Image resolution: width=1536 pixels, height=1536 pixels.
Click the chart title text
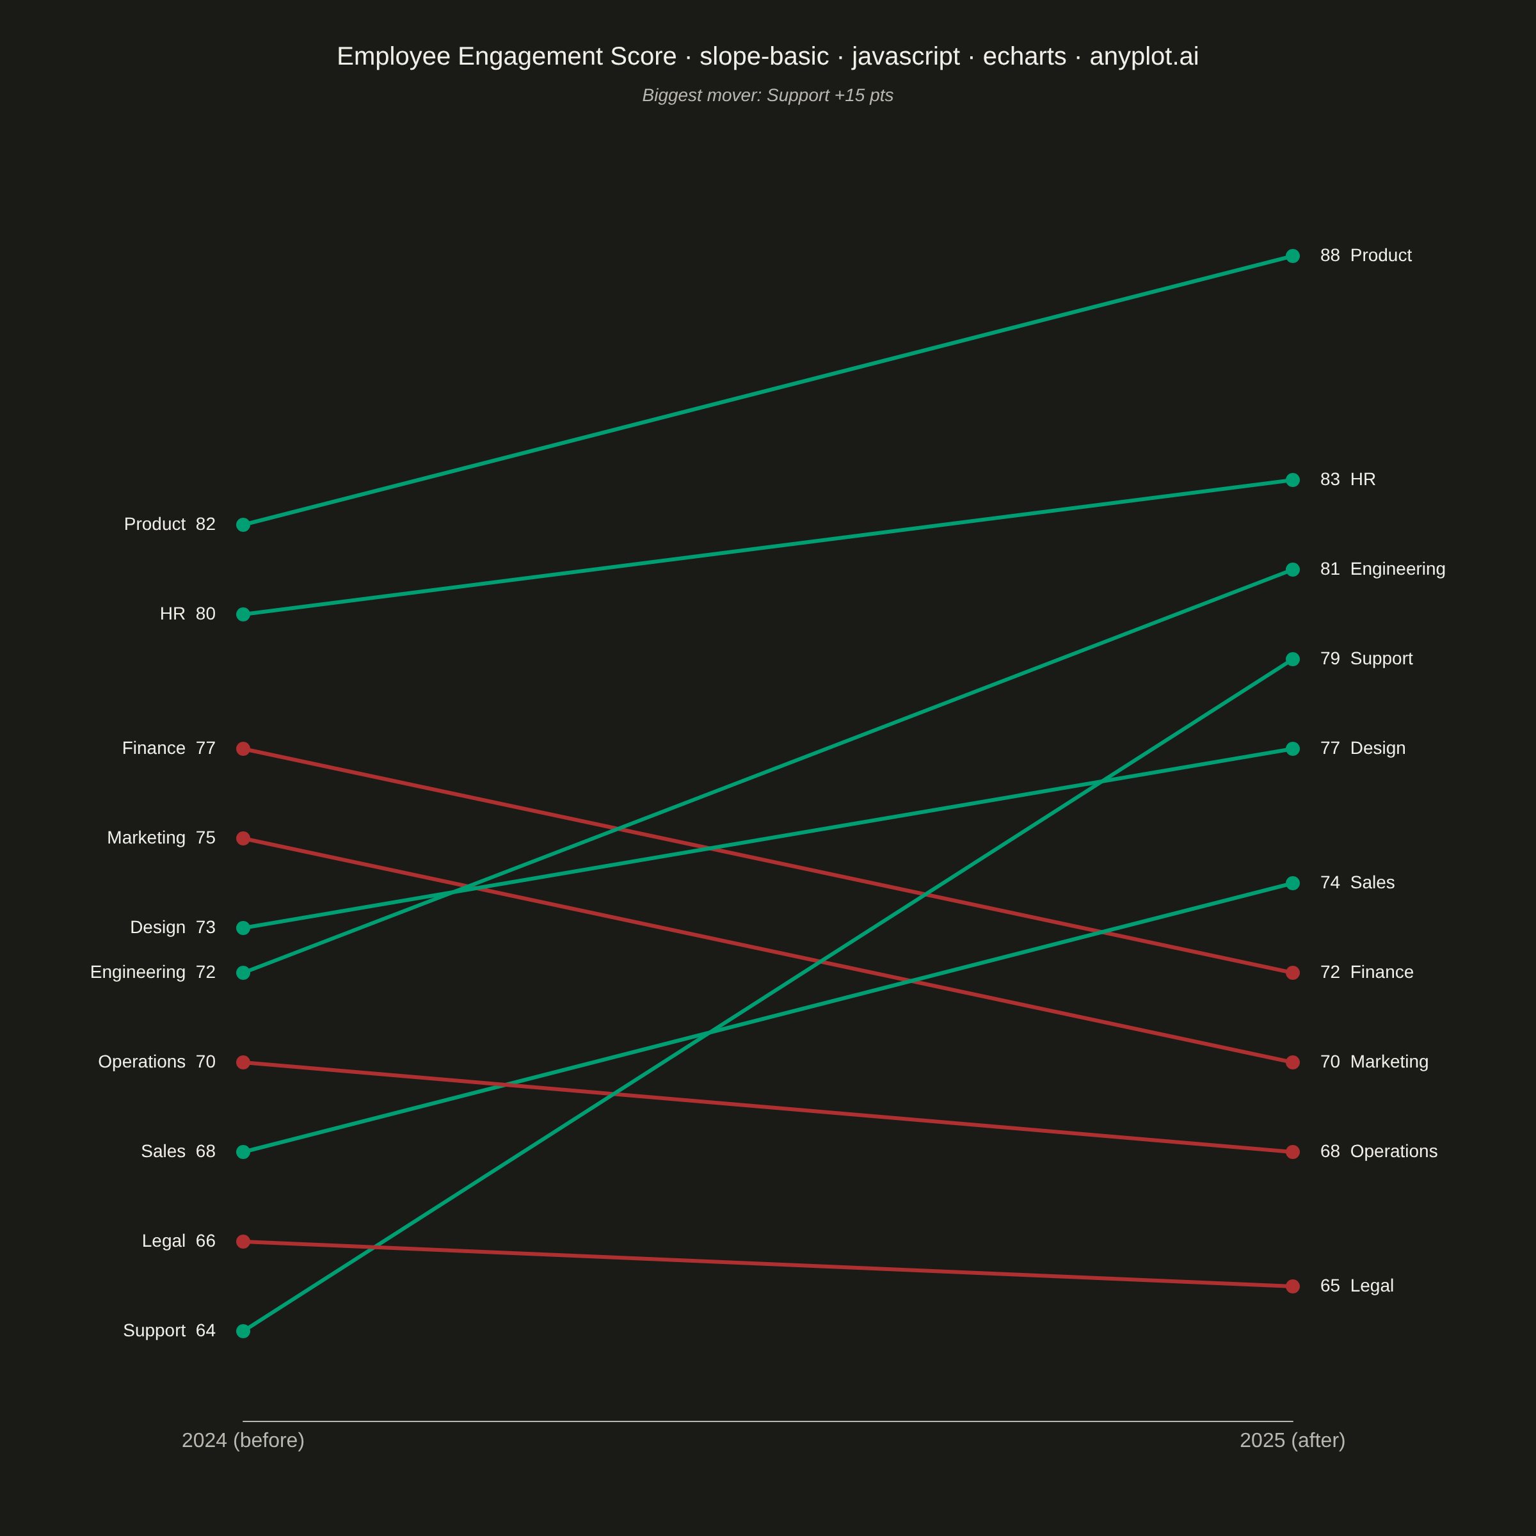point(767,56)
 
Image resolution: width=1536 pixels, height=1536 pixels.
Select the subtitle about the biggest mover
point(767,95)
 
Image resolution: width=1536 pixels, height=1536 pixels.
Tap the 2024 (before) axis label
point(243,1440)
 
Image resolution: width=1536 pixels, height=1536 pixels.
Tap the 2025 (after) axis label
point(1293,1440)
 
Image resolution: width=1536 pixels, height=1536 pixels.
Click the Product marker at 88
point(1293,256)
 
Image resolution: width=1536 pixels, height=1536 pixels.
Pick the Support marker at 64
point(243,1331)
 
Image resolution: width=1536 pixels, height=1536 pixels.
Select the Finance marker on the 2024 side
point(243,749)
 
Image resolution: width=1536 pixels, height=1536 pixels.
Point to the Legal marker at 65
point(1293,1286)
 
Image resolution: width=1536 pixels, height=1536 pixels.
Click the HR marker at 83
point(1293,480)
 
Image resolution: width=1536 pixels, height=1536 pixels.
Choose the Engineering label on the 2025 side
point(1398,569)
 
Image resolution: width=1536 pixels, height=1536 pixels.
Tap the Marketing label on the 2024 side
point(147,838)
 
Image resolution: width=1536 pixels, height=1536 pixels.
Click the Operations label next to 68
point(1394,1152)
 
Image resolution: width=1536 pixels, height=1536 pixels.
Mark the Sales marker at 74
point(1293,883)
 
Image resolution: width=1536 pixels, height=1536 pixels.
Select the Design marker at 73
point(243,928)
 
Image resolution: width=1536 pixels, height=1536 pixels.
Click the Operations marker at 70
point(243,1062)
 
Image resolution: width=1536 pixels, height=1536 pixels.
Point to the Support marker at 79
point(1293,659)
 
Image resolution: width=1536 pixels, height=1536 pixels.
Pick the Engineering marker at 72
point(243,973)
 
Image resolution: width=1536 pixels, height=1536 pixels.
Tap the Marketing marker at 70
point(1293,1062)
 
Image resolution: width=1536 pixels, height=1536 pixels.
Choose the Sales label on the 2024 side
point(163,1152)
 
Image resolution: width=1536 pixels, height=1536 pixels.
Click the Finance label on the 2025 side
point(1382,972)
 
